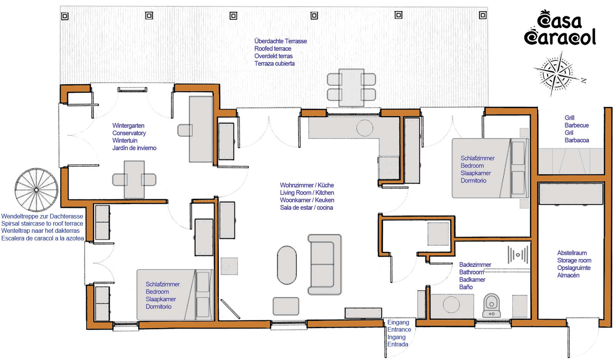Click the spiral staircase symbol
(x=36, y=190)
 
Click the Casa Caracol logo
(x=560, y=28)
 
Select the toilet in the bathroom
(x=491, y=305)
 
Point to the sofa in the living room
(x=324, y=265)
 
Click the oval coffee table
(x=287, y=265)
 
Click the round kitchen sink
(x=365, y=128)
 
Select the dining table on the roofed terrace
(x=351, y=87)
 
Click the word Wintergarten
(x=128, y=126)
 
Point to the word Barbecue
(x=577, y=125)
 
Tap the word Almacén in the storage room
(x=568, y=275)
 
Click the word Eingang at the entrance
(x=398, y=323)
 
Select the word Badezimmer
(x=475, y=265)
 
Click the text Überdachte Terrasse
(x=281, y=41)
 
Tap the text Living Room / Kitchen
(x=307, y=193)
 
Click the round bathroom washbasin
(x=451, y=305)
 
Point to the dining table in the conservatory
(x=134, y=179)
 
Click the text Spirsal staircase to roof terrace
(x=42, y=223)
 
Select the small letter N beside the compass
(x=584, y=80)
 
